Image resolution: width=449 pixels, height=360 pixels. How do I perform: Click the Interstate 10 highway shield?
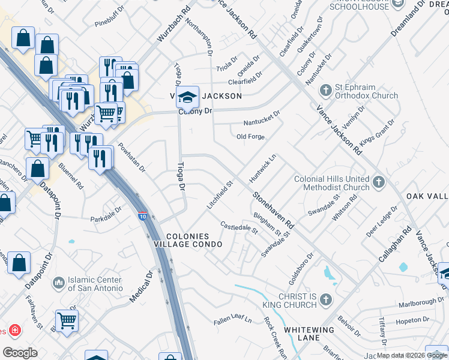pyautogui.click(x=142, y=215)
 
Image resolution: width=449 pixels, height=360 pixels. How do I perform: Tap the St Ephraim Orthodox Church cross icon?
pyautogui.click(x=325, y=91)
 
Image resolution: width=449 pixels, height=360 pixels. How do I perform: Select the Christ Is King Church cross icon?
pyautogui.click(x=325, y=299)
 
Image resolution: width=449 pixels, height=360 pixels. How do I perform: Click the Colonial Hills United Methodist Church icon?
pyautogui.click(x=378, y=181)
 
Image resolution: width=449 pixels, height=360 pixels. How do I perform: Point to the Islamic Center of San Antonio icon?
pyautogui.click(x=58, y=282)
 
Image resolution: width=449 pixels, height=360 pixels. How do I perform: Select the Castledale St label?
pyautogui.click(x=239, y=227)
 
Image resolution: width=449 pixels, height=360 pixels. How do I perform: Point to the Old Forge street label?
pyautogui.click(x=250, y=137)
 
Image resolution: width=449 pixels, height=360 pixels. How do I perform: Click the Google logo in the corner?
pyautogui.click(x=20, y=353)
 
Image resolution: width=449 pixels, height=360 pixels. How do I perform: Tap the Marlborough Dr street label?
pyautogui.click(x=420, y=302)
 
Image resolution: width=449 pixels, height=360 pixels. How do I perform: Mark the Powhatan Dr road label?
pyautogui.click(x=132, y=157)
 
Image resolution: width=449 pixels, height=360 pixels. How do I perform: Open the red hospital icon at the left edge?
pyautogui.click(x=13, y=331)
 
